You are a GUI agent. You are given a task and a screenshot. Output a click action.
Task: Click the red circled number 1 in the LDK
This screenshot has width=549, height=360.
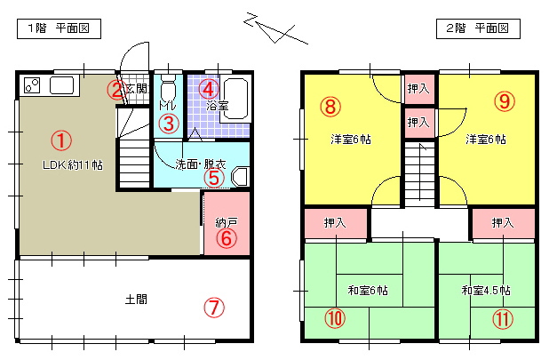(x=61, y=140)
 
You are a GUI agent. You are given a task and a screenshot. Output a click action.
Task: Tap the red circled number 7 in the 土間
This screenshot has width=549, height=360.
(x=214, y=308)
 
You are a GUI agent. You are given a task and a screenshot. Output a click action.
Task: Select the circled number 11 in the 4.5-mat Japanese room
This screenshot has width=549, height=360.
(x=503, y=319)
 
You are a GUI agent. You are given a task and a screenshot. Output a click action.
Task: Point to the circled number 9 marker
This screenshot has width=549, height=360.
(x=505, y=100)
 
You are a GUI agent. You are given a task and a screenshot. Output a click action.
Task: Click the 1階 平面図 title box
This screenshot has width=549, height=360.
(x=59, y=28)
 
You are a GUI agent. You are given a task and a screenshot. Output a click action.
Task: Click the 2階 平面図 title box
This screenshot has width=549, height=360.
(x=478, y=28)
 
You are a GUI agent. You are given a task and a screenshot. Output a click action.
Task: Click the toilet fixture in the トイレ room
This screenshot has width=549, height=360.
(x=167, y=89)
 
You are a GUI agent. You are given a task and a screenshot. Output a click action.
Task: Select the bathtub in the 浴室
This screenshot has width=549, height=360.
(x=235, y=99)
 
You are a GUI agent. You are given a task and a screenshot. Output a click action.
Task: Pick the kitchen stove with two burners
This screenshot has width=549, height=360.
(x=32, y=85)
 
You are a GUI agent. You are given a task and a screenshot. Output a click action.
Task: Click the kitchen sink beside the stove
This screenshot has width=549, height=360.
(x=61, y=85)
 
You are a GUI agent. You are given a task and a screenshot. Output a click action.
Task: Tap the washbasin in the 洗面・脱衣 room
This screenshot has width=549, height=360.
(x=240, y=177)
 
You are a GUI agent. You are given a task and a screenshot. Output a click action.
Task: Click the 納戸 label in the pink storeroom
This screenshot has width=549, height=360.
(x=227, y=222)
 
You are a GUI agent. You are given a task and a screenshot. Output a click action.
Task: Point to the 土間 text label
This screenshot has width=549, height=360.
(x=136, y=300)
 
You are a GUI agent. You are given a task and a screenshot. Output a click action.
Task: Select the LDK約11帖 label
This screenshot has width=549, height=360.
(x=73, y=164)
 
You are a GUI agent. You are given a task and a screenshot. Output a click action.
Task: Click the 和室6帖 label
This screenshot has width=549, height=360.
(x=368, y=291)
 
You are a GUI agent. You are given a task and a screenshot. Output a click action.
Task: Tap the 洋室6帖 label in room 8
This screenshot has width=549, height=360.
(x=351, y=140)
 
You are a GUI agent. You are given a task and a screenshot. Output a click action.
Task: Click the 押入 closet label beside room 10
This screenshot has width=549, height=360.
(x=335, y=222)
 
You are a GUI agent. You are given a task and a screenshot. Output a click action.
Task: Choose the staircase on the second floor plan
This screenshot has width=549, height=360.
(x=419, y=173)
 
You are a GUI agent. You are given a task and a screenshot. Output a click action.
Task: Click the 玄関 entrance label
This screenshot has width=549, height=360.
(x=137, y=88)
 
